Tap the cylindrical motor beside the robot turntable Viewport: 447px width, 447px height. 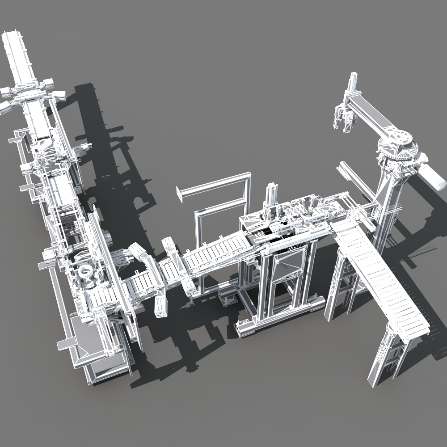pyautogui.click(x=433, y=175)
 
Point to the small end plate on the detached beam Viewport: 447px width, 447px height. pyautogui.click(x=180, y=194)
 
